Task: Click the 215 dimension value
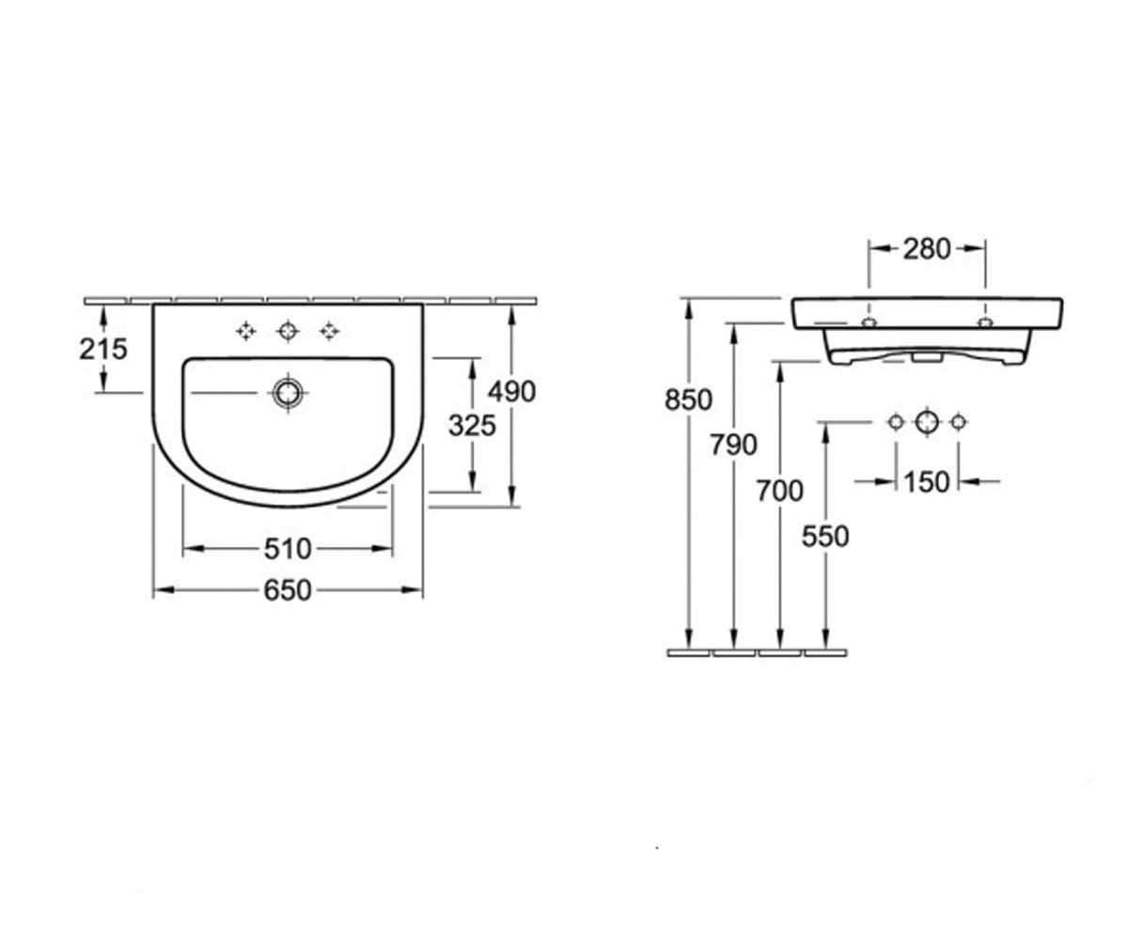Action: [x=103, y=349]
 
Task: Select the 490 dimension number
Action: [x=511, y=392]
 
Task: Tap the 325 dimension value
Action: [x=472, y=426]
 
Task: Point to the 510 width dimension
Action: [x=288, y=549]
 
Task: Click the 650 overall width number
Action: [x=288, y=590]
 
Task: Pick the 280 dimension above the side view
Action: [x=927, y=250]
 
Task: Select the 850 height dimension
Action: [x=688, y=400]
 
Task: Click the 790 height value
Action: [x=733, y=446]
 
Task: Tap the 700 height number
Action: [x=779, y=491]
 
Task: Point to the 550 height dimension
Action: [x=825, y=537]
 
